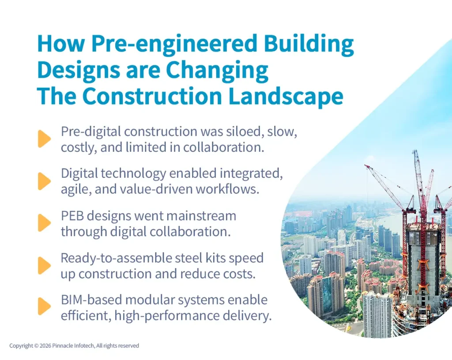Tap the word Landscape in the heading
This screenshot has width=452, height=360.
290,97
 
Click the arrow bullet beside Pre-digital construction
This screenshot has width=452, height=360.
44,139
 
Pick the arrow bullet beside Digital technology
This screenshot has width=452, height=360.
44,181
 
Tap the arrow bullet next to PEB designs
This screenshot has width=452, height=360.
44,223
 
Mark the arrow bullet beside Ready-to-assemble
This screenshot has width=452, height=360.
44,265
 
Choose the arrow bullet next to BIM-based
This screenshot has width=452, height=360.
44,306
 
